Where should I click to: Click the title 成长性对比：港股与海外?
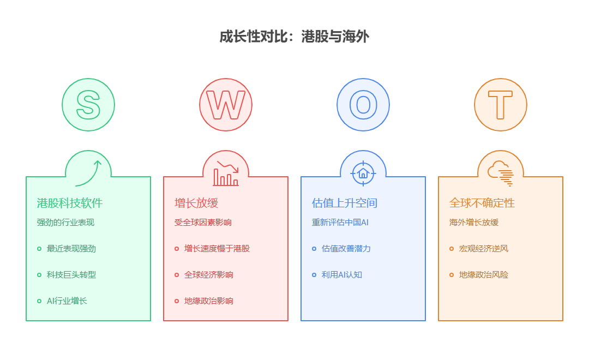(x=294, y=37)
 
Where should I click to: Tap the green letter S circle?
(x=88, y=105)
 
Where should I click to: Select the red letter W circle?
(x=226, y=105)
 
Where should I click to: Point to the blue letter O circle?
(x=363, y=105)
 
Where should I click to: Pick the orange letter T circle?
(x=501, y=105)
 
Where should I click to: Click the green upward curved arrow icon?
(x=88, y=173)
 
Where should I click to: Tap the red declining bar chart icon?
(x=226, y=173)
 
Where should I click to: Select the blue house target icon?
(x=363, y=173)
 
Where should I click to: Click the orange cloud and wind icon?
(x=501, y=173)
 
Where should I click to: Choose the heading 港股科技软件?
(x=70, y=203)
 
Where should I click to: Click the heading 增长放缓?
(x=196, y=203)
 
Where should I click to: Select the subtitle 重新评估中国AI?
(x=340, y=223)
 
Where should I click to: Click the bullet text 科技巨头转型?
(x=71, y=275)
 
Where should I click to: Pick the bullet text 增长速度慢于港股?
(x=217, y=249)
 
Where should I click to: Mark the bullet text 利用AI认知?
(x=342, y=275)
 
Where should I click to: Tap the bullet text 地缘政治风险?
(x=484, y=275)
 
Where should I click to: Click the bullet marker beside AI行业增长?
(x=39, y=301)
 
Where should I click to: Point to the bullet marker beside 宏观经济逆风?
(x=452, y=249)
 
